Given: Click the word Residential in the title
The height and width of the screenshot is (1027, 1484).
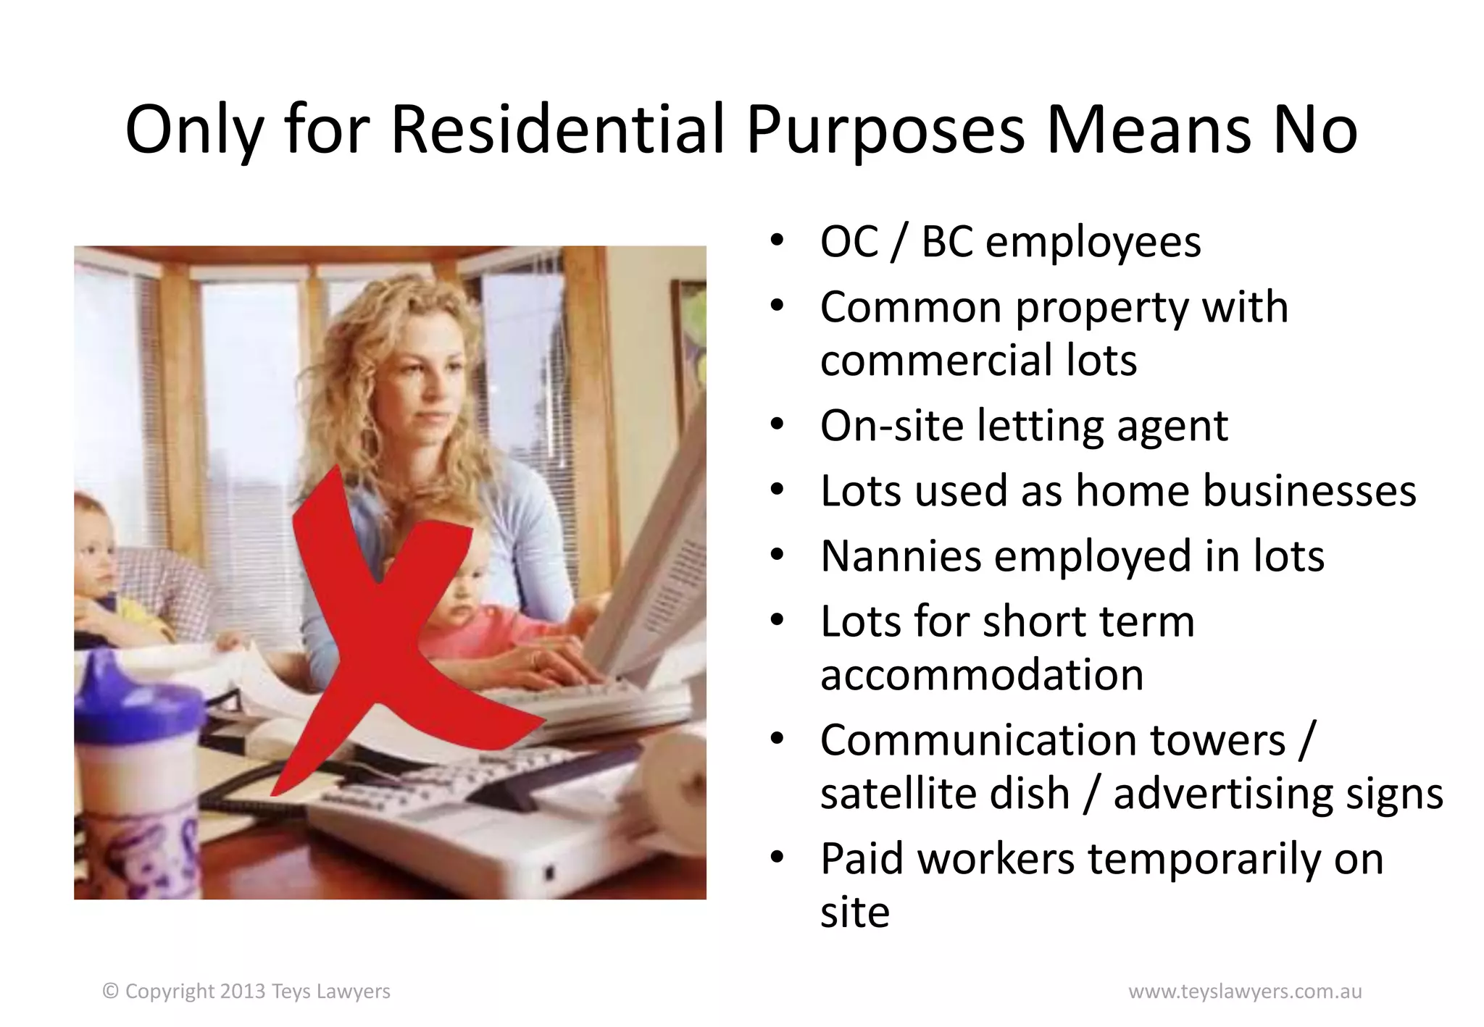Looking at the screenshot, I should pyautogui.click(x=558, y=130).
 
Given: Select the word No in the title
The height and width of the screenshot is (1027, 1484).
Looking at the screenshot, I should pyautogui.click(x=1314, y=130).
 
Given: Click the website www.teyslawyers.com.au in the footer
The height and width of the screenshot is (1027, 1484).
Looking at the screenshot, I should pyautogui.click(x=1245, y=992).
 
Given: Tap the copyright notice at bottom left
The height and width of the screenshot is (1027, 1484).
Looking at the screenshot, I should pyautogui.click(x=246, y=992).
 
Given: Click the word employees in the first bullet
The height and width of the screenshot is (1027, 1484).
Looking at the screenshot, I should pyautogui.click(x=1093, y=243).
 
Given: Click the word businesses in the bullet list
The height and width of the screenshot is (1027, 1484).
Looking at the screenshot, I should pyautogui.click(x=1245, y=491).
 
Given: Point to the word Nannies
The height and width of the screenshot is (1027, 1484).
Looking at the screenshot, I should pyautogui.click(x=900, y=556).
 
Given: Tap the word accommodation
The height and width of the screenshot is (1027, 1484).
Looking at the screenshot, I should pyautogui.click(x=981, y=675).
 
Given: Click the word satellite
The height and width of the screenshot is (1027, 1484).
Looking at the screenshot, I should pyautogui.click(x=944, y=793).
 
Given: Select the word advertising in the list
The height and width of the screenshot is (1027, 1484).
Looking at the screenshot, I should pyautogui.click(x=1223, y=795).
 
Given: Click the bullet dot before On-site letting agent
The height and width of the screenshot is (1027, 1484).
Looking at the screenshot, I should pyautogui.click(x=777, y=425).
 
